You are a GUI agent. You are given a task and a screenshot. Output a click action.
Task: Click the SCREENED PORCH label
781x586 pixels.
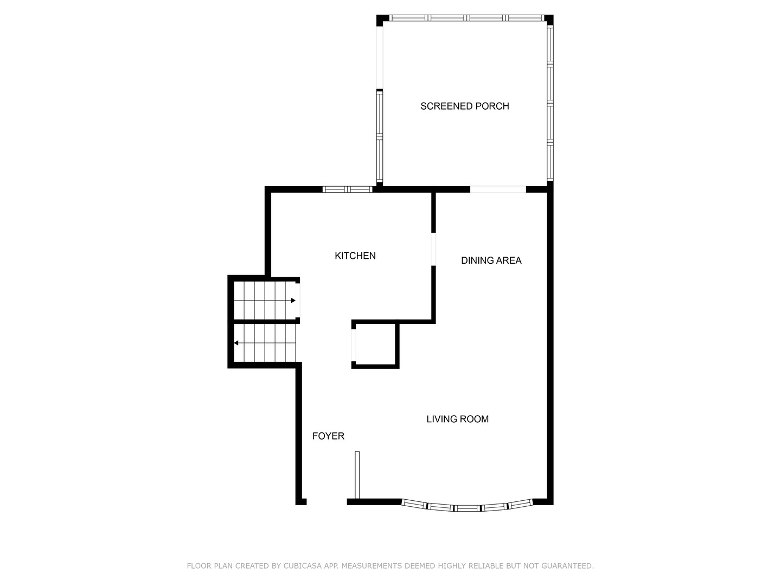[465, 106]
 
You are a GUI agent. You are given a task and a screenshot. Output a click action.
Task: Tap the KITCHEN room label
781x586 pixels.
[355, 256]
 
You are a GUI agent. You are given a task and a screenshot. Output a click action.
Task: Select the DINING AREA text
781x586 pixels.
[491, 260]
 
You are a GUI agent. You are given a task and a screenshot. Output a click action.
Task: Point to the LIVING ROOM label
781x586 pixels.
[457, 419]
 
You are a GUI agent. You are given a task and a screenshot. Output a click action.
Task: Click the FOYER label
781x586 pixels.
[328, 436]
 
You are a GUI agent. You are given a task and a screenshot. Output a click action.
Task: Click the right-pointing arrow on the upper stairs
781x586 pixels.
[293, 301]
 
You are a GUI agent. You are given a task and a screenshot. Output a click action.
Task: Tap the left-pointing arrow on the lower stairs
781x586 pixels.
[236, 343]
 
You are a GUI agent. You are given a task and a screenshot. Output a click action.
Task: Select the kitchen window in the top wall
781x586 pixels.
[347, 189]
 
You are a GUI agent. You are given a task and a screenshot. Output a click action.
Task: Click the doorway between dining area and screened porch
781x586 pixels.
[498, 189]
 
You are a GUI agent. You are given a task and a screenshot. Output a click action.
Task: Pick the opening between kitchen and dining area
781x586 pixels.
[433, 249]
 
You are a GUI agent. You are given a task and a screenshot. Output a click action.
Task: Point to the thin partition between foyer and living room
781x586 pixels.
[357, 474]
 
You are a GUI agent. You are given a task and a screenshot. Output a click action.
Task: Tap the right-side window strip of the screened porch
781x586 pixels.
[550, 103]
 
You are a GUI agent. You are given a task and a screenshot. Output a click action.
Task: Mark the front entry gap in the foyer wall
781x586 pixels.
[327, 502]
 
